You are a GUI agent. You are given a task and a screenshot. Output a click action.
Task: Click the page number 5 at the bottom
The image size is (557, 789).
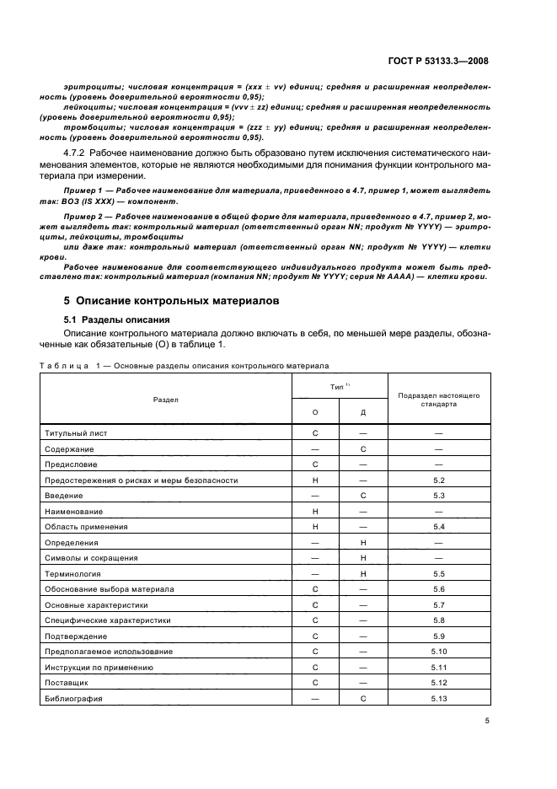pyautogui.click(x=487, y=721)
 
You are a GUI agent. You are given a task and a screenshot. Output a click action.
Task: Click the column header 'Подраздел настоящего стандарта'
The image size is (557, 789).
pyautogui.click(x=438, y=398)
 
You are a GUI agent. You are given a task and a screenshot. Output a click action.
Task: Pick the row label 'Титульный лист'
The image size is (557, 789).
pyautogui.click(x=76, y=432)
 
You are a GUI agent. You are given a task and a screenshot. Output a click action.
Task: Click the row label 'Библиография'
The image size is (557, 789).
pyautogui.click(x=73, y=699)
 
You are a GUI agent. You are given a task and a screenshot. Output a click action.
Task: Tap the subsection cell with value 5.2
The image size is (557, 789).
pyautogui.click(x=437, y=480)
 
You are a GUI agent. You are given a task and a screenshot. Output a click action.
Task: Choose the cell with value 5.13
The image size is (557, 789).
pyautogui.click(x=437, y=699)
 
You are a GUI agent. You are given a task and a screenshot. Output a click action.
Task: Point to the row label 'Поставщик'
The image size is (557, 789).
pyautogui.click(x=67, y=683)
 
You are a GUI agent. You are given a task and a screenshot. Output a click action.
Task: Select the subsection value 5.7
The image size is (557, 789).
pyautogui.click(x=437, y=605)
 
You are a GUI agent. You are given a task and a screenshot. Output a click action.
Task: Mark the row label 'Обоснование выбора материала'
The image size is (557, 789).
pyautogui.click(x=104, y=589)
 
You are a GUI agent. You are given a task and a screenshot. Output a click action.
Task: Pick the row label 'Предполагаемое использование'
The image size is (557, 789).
pyautogui.click(x=104, y=652)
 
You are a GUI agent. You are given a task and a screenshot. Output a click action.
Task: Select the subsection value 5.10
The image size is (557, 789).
pyautogui.click(x=437, y=652)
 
